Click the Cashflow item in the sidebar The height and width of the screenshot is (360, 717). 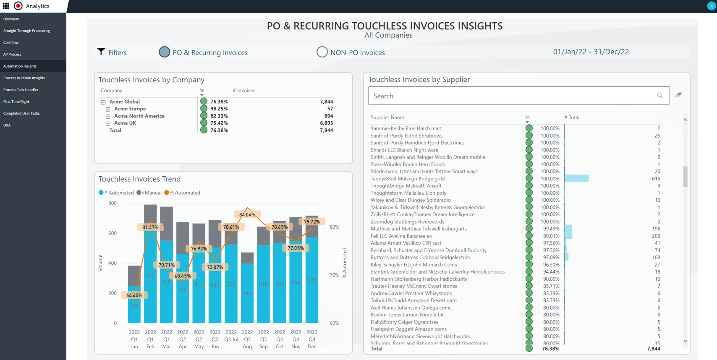pos(11,42)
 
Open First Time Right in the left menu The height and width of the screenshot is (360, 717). pos(16,102)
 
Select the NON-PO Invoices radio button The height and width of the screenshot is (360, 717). pos(322,52)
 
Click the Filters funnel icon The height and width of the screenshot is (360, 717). pos(101,52)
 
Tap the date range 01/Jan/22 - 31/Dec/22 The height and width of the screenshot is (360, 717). pos(591,52)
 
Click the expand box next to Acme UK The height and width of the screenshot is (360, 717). pos(108,123)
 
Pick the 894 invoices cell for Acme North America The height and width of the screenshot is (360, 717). pos(328,116)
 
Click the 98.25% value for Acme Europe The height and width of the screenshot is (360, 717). pos(219,109)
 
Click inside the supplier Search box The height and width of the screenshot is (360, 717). pos(512,96)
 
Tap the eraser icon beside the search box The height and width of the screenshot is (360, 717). pos(678,95)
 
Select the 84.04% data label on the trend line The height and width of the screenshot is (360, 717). pos(247,214)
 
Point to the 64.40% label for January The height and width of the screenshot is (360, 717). pos(134,295)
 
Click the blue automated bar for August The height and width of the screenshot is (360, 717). pos(247,294)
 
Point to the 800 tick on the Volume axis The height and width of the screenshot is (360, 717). pos(113,203)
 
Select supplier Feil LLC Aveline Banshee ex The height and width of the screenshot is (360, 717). pos(401,236)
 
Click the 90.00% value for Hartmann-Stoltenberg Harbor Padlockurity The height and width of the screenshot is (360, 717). pos(551,279)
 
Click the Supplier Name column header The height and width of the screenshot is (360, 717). pos(387,117)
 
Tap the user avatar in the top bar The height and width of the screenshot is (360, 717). pos(711,6)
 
